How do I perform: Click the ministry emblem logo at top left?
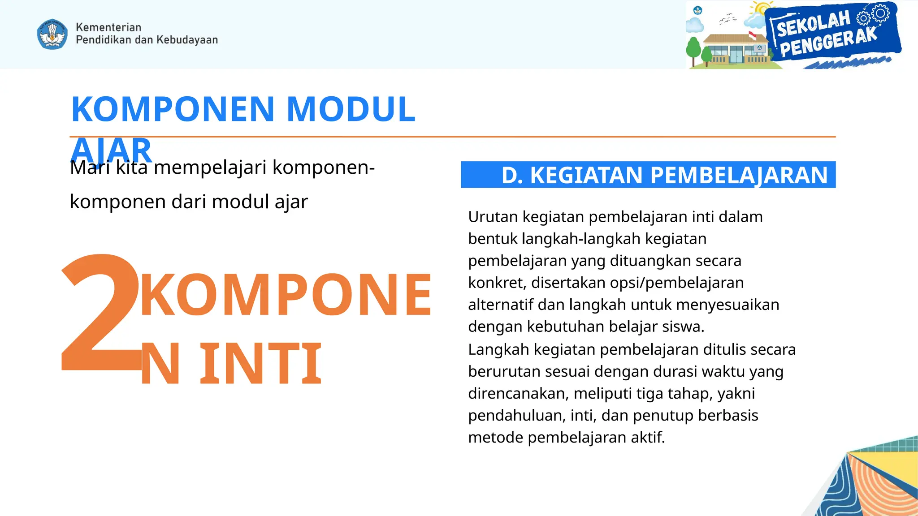click(x=52, y=34)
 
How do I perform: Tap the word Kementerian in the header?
click(x=108, y=27)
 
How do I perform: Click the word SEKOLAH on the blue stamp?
click(x=813, y=24)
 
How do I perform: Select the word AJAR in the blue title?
click(x=111, y=150)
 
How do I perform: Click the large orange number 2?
click(x=101, y=314)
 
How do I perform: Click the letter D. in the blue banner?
click(x=512, y=175)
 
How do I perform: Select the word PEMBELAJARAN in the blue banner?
click(x=738, y=175)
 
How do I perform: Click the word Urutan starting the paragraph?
click(x=493, y=217)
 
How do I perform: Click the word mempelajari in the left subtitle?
click(x=210, y=168)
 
